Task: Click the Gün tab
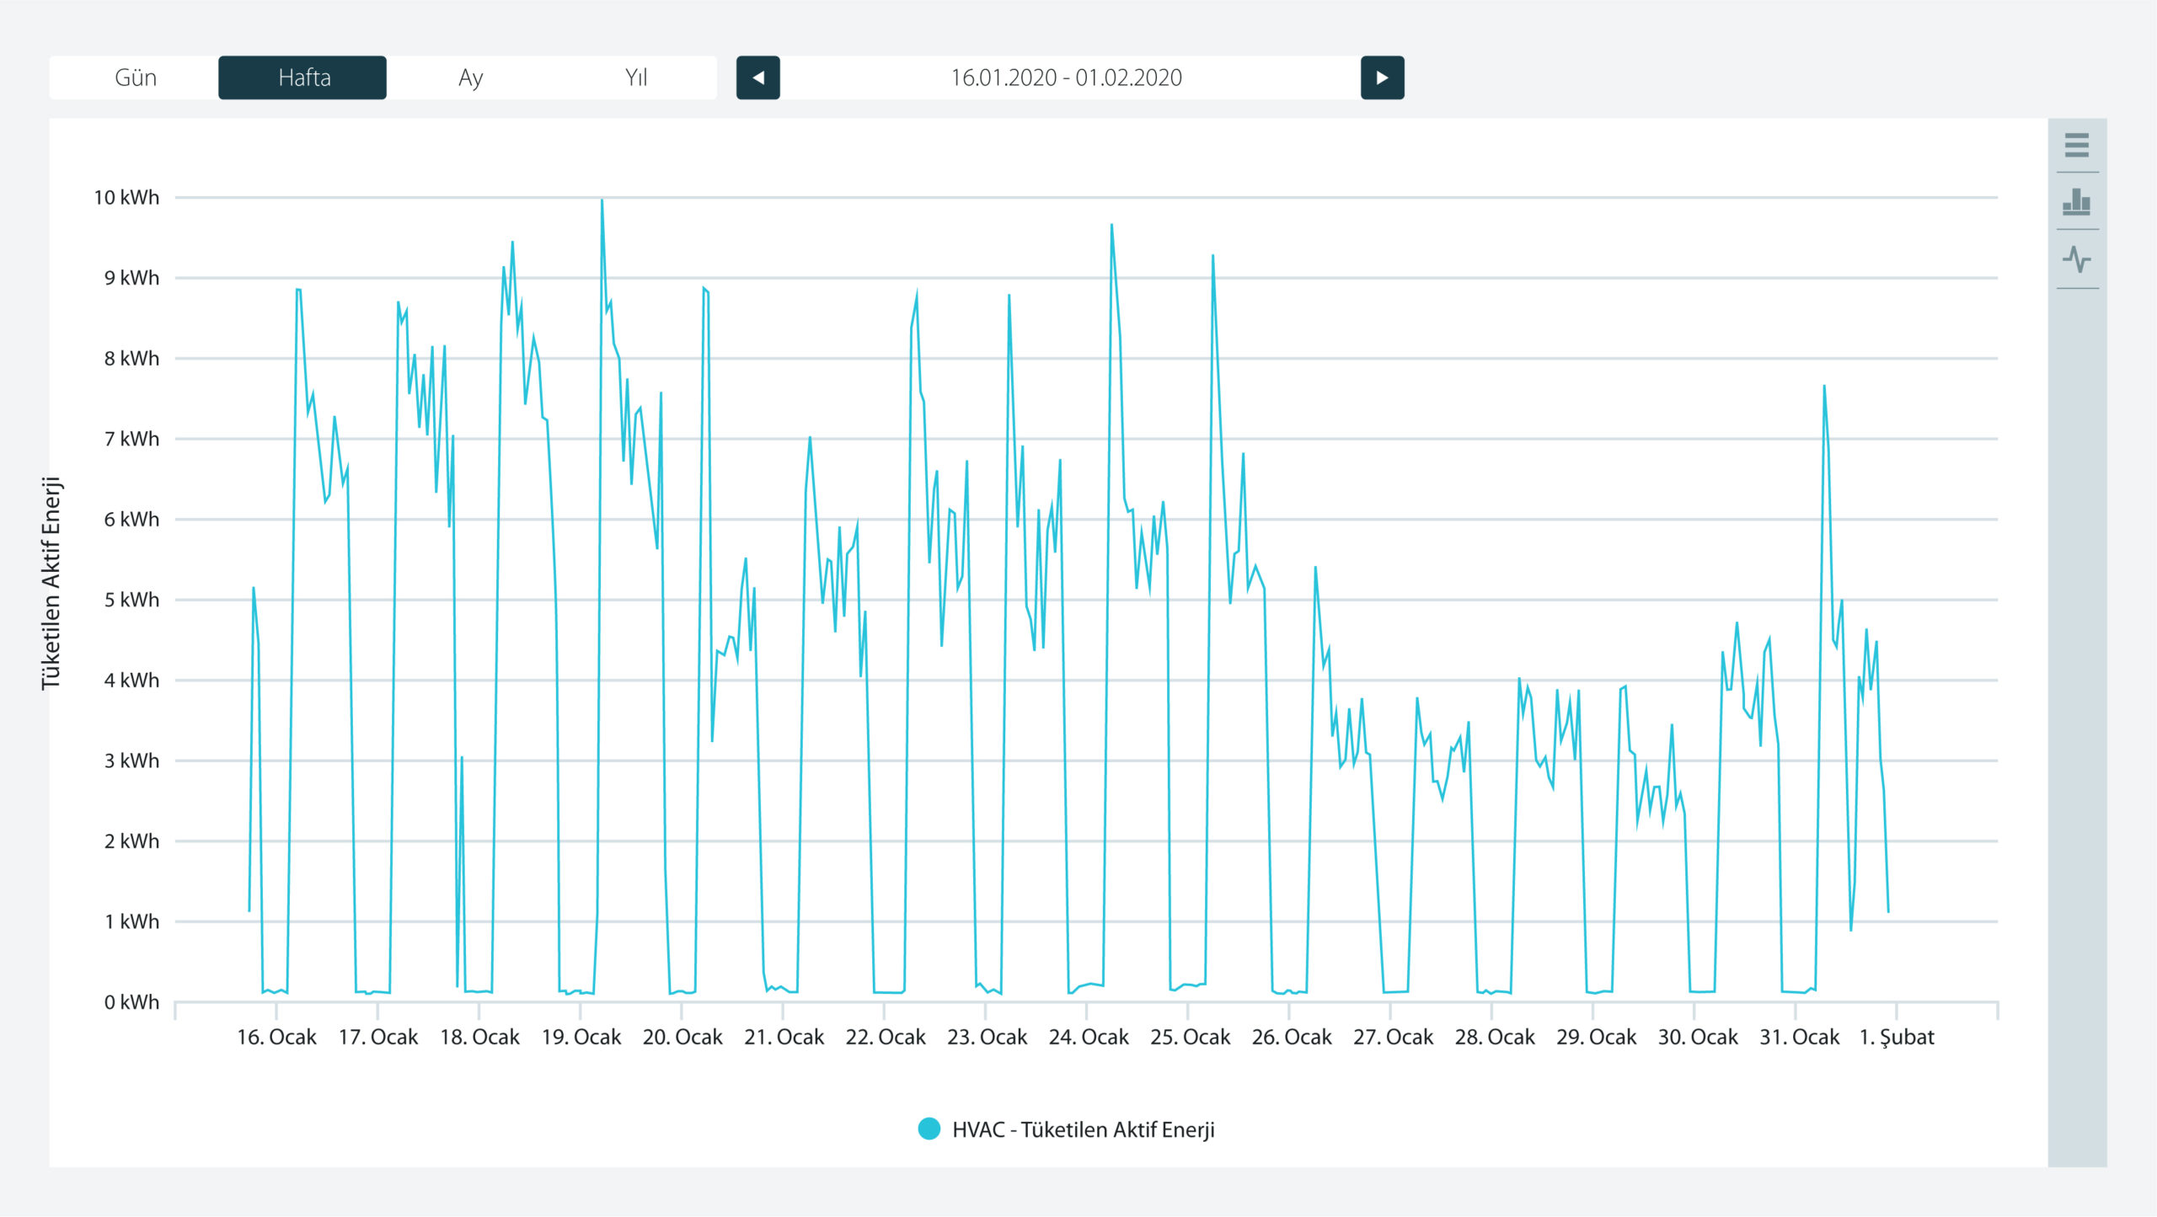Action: (135, 77)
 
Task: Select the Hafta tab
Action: (302, 77)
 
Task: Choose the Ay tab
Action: (470, 77)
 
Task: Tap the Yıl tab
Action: (636, 77)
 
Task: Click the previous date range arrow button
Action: (758, 77)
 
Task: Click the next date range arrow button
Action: (1383, 77)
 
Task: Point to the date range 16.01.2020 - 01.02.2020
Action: (1067, 77)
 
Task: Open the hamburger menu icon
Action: (2077, 145)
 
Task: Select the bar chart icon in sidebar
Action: (2077, 202)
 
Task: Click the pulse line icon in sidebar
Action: (2077, 259)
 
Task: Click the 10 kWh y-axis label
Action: (126, 198)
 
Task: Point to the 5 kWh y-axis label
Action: (131, 600)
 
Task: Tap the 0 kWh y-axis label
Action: (131, 1002)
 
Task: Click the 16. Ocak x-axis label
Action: (276, 1037)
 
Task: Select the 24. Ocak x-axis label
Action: (1089, 1037)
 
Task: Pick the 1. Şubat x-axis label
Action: (1897, 1037)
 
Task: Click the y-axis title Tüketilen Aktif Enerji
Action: (51, 583)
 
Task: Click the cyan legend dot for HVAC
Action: (929, 1129)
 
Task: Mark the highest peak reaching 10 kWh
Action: (602, 200)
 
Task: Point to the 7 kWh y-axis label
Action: (131, 440)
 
